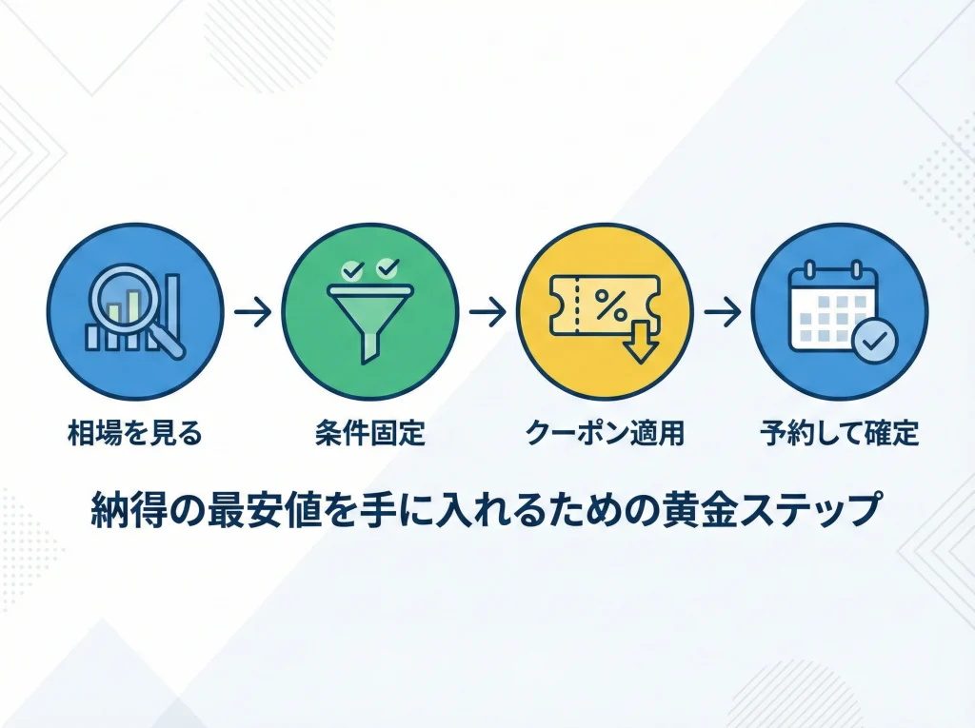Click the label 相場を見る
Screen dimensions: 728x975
[135, 434]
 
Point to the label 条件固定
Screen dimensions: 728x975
[369, 434]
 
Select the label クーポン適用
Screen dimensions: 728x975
[604, 434]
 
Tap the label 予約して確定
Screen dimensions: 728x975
[839, 434]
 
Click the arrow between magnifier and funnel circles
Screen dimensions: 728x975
[252, 311]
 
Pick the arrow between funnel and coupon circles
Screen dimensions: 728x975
[487, 311]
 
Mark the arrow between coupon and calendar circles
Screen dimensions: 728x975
[722, 311]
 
